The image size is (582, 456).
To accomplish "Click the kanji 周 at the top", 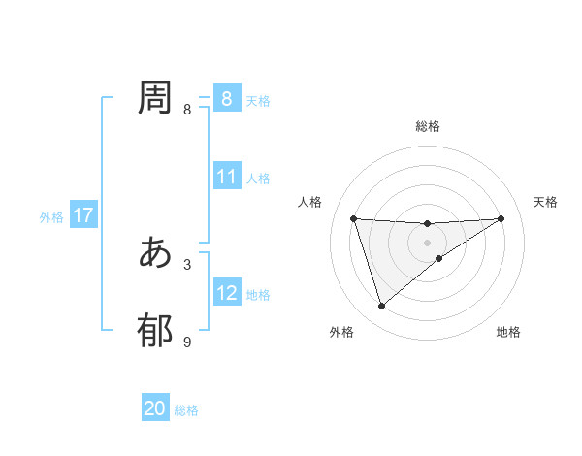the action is click(155, 98).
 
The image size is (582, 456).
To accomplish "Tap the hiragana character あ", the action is click(155, 252).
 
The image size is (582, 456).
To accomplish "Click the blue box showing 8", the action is click(226, 98).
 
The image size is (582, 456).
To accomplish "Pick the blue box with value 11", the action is click(227, 177).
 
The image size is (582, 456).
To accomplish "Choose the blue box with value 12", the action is click(227, 293).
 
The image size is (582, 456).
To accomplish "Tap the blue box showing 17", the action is click(83, 216).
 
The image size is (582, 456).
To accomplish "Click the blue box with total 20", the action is click(155, 409).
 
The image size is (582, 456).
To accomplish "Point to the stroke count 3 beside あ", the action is click(187, 263).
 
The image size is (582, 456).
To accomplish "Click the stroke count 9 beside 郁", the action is click(187, 342).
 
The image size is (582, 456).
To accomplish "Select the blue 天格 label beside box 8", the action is click(258, 100).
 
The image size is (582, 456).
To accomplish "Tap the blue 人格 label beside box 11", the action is click(258, 179).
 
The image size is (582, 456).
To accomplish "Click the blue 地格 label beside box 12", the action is click(258, 295).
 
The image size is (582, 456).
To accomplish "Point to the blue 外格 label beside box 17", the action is click(51, 217).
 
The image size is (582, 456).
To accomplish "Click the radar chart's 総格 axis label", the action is click(428, 126).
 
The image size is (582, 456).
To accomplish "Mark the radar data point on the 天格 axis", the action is click(501, 218).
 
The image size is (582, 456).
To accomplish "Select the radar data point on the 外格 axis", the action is click(381, 307).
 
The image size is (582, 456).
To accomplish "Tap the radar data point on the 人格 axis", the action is click(353, 218).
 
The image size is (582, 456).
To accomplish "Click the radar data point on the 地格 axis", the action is click(439, 258).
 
